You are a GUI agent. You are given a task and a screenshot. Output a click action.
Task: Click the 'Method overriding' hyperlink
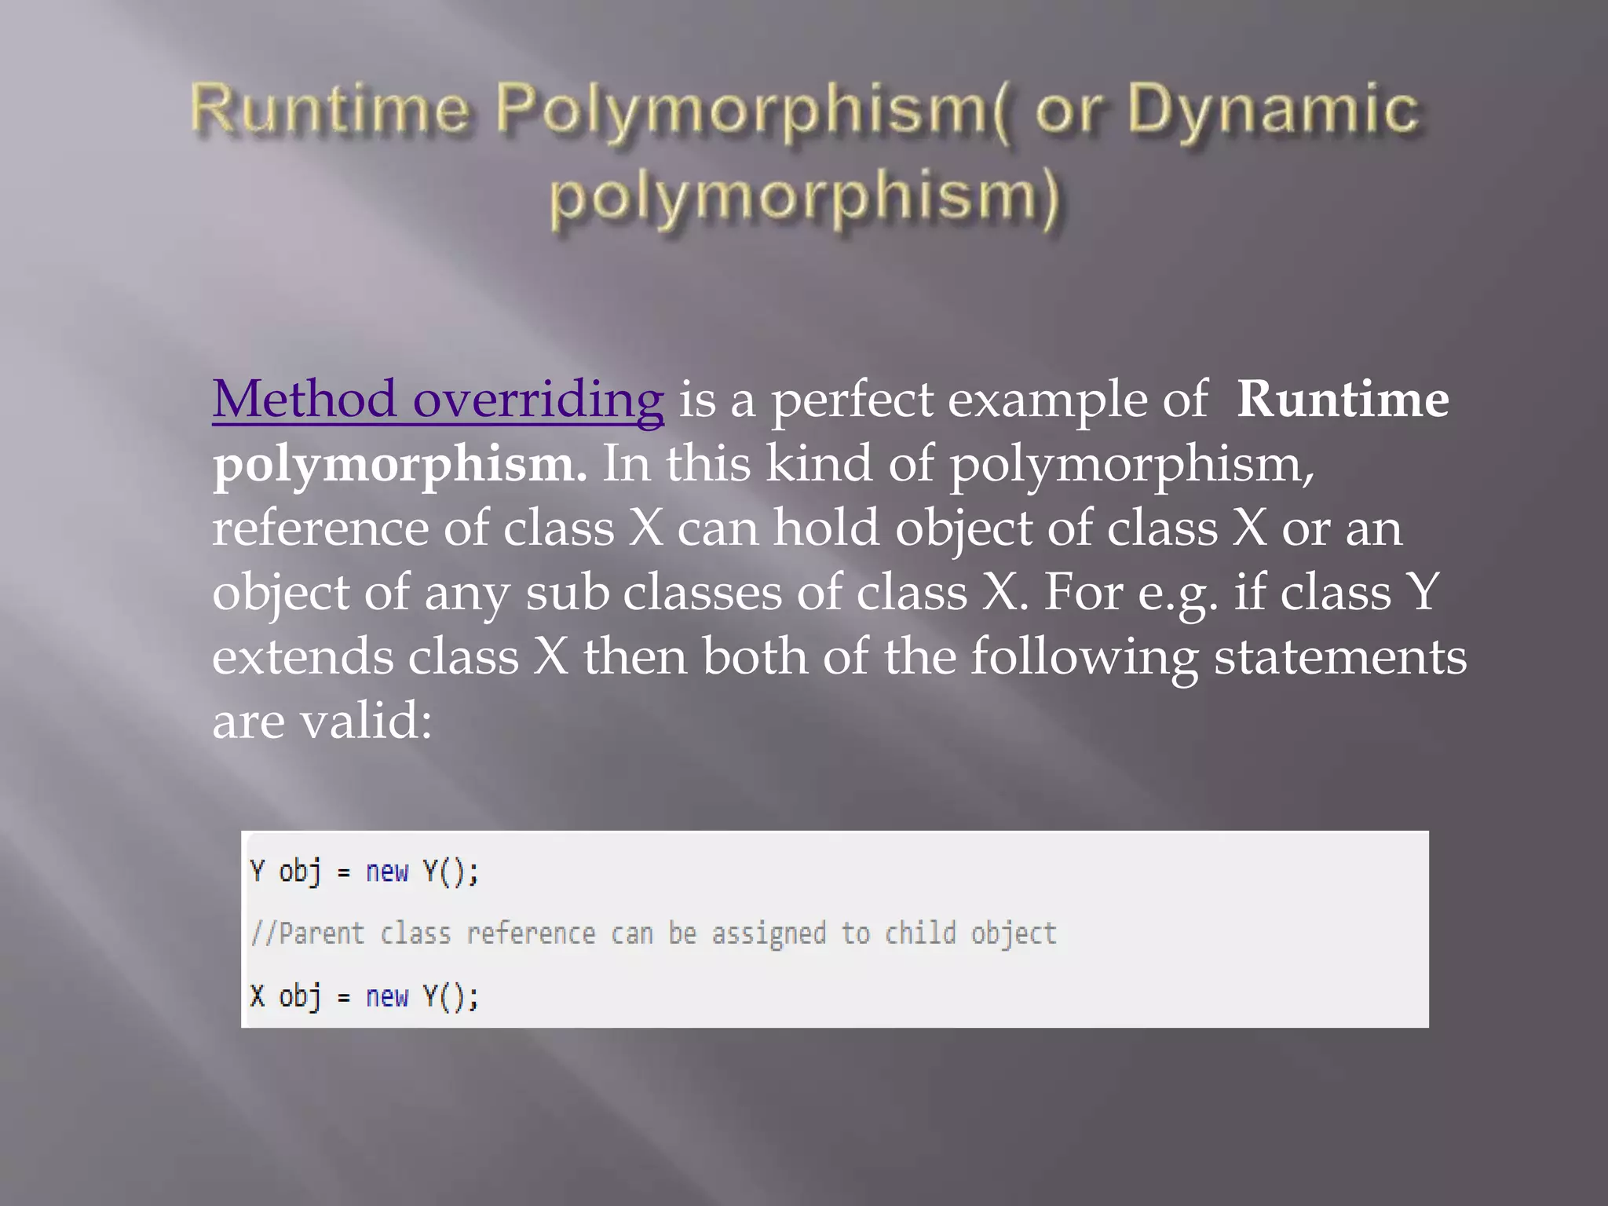tap(437, 400)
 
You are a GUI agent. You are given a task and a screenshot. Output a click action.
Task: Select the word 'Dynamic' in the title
tap(1273, 110)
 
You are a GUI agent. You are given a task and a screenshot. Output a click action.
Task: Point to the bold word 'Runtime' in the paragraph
tap(1342, 400)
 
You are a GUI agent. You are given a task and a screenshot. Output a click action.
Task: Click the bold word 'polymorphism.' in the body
tap(400, 465)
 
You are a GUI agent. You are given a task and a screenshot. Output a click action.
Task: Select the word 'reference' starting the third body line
tap(320, 528)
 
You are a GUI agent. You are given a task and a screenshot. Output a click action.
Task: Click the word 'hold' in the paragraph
tap(826, 528)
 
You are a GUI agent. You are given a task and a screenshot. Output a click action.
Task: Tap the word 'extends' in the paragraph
tap(302, 656)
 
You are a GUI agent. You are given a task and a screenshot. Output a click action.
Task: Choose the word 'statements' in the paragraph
tap(1339, 656)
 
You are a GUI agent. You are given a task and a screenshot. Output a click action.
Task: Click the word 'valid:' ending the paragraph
tap(366, 721)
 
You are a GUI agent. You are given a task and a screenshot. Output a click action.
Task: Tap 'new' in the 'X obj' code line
tap(387, 997)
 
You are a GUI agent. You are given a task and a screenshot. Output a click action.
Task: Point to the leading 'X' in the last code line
tap(258, 997)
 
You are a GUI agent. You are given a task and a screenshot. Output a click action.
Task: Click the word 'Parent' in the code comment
tap(322, 934)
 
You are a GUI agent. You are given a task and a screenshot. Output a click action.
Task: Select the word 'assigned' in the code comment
tap(769, 934)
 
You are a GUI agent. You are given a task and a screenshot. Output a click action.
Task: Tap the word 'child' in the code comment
tap(920, 934)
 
